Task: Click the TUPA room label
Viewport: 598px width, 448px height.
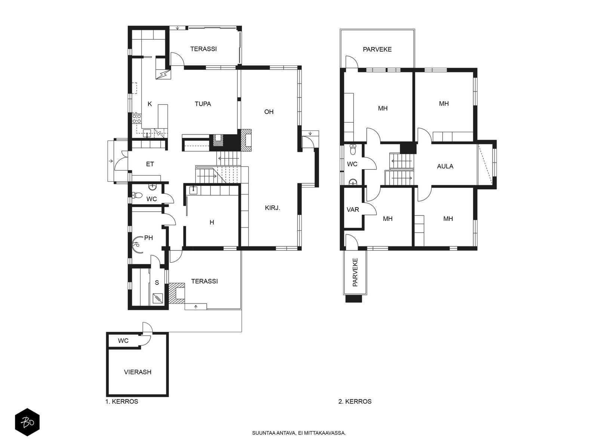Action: click(x=203, y=104)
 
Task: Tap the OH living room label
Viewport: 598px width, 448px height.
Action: click(x=269, y=112)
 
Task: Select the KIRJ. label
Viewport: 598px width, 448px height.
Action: click(x=272, y=208)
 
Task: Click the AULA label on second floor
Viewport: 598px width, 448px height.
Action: click(x=445, y=166)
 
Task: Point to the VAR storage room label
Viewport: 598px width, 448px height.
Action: click(x=353, y=210)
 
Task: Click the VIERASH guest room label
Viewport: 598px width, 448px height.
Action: click(x=138, y=372)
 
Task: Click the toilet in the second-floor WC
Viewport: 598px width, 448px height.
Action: click(x=353, y=149)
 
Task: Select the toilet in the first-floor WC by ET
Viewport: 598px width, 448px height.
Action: click(x=137, y=195)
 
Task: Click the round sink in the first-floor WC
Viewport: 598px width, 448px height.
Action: click(x=152, y=187)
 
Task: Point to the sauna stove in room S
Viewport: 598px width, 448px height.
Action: click(x=158, y=298)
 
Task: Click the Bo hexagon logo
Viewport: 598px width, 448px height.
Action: click(x=27, y=422)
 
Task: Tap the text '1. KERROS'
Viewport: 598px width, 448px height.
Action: click(x=122, y=401)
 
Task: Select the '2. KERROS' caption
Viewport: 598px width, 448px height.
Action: click(x=355, y=401)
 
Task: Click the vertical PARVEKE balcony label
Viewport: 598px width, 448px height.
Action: click(x=355, y=272)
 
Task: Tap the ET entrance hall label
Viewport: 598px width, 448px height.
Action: click(x=150, y=164)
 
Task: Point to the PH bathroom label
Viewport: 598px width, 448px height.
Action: click(x=148, y=238)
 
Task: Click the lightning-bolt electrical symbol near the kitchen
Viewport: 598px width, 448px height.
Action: click(x=163, y=74)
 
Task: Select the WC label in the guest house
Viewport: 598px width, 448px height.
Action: click(x=123, y=341)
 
